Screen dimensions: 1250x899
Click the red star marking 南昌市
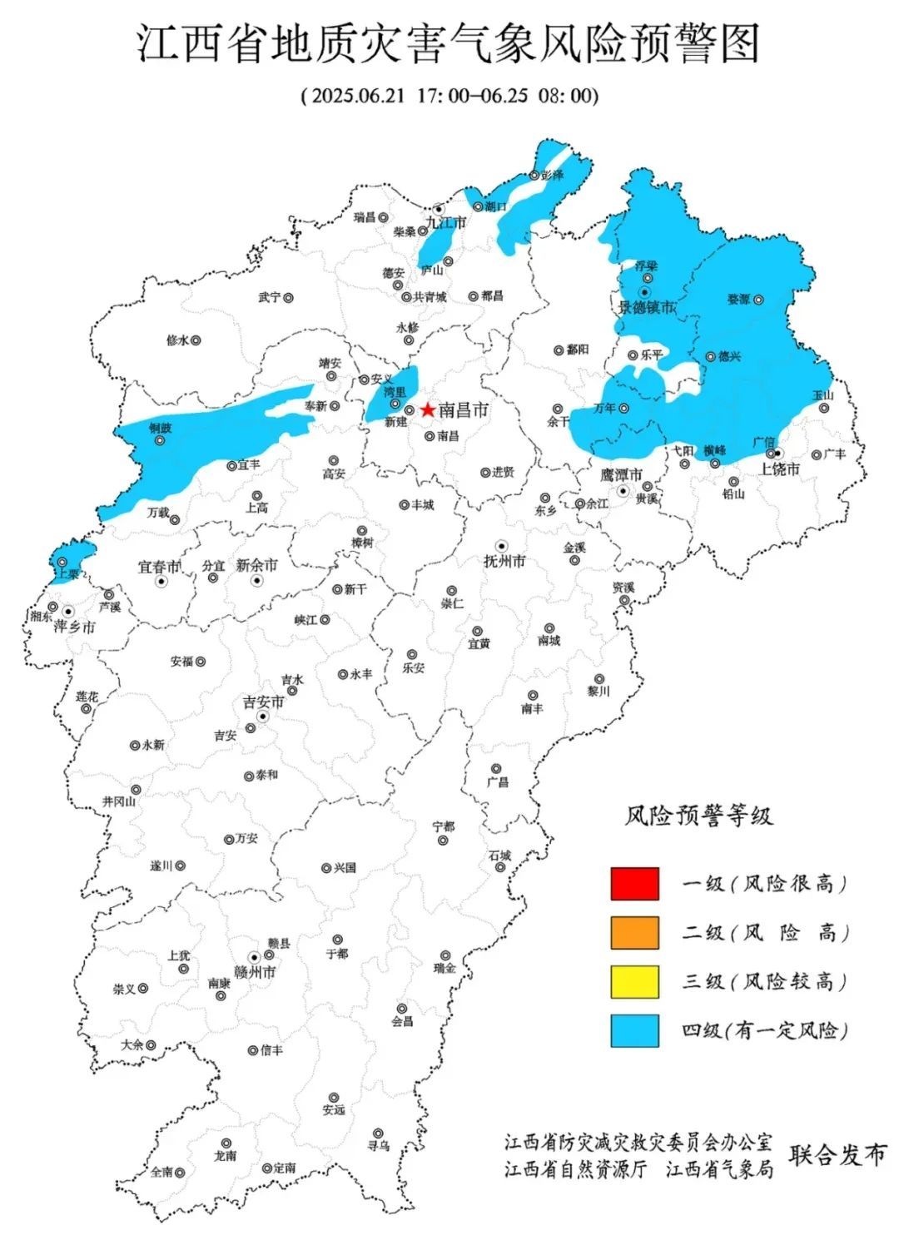tap(428, 409)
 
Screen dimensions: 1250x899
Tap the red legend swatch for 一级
tap(634, 884)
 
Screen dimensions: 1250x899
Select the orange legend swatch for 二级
tap(634, 932)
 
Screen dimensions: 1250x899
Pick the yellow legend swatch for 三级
tap(634, 981)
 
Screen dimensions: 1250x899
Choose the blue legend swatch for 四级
tap(634, 1030)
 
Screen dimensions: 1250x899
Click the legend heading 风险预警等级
tap(699, 816)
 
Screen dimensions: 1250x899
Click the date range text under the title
tap(449, 95)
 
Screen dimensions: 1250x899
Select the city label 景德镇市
tap(647, 307)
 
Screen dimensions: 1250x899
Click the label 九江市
tap(446, 223)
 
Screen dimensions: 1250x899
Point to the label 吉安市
tap(263, 702)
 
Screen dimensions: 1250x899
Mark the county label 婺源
tap(738, 300)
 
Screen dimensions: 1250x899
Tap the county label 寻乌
tap(379, 1146)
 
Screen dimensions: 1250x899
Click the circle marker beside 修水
tap(196, 340)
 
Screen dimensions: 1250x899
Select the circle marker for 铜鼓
tap(159, 441)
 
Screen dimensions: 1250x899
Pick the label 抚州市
tap(504, 562)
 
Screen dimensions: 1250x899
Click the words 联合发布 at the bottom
tap(838, 1155)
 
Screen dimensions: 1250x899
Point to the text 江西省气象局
tap(719, 1169)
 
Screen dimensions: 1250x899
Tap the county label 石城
tap(500, 856)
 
